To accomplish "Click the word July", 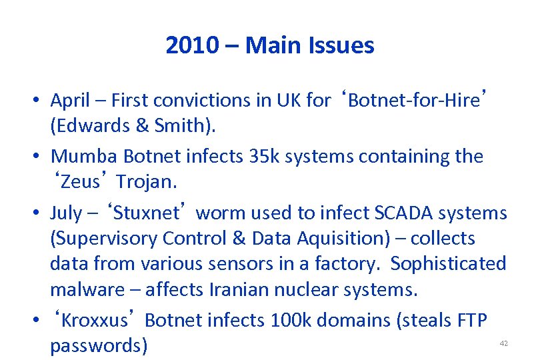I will click(65, 213).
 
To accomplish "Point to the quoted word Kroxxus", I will click(94, 320).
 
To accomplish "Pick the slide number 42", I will click(503, 343).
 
